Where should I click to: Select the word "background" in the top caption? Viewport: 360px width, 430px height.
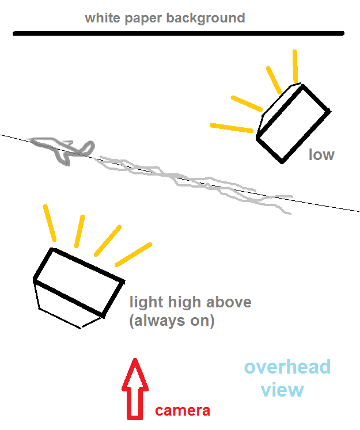coord(206,18)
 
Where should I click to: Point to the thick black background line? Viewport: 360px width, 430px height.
coord(179,33)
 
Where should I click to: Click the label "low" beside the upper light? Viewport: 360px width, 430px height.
coord(321,154)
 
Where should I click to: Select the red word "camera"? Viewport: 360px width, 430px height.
coord(183,411)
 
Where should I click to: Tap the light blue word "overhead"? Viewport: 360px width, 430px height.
coord(287,367)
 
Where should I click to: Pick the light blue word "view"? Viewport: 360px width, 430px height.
coord(282,390)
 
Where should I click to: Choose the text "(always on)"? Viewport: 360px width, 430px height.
coord(172,321)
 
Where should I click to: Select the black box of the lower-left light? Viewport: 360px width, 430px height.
coord(79,283)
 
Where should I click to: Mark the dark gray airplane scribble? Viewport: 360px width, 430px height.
coord(63,149)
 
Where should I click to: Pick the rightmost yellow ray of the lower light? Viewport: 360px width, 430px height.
coord(133,254)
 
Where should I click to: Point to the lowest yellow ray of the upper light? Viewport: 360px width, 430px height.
coord(232,128)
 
